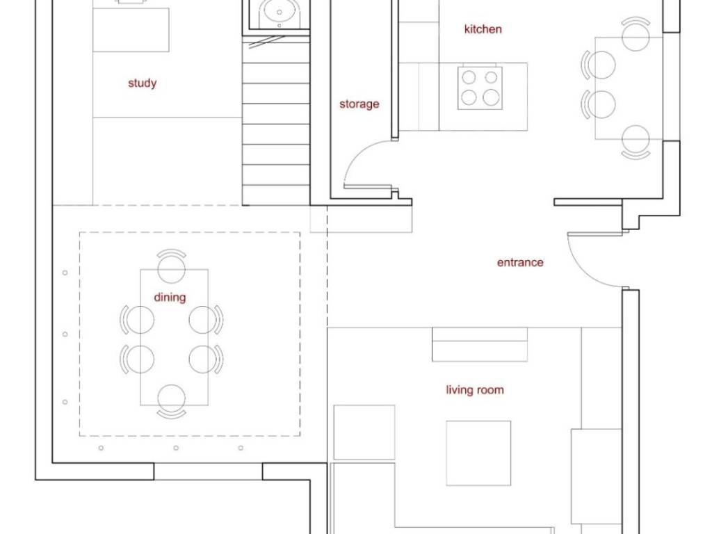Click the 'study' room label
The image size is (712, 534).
(x=142, y=83)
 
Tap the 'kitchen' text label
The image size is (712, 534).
(x=483, y=29)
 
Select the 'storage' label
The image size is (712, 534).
(x=359, y=104)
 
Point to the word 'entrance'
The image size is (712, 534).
(x=520, y=262)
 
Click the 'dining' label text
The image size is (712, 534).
(x=170, y=298)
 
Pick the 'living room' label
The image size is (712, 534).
(x=475, y=390)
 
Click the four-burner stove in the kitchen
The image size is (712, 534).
(x=480, y=88)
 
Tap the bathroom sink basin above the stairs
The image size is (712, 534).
(x=280, y=12)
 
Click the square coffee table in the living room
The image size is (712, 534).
(x=478, y=453)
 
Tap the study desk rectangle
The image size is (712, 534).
(x=131, y=29)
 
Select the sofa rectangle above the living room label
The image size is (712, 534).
(x=480, y=344)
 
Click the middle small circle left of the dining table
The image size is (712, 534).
(x=65, y=334)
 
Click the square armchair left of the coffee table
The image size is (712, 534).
(x=364, y=432)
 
